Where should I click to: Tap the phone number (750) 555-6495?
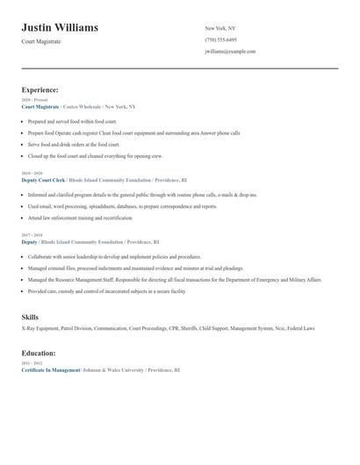[220, 40]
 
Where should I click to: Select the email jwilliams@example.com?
[230, 52]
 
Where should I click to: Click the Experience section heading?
[40, 89]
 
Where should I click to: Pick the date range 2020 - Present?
[34, 100]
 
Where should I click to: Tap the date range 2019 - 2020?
[31, 174]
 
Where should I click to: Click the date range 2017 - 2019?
[31, 235]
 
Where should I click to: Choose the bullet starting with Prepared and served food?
[72, 121]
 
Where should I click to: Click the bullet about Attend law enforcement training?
[81, 217]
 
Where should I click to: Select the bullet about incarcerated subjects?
[107, 290]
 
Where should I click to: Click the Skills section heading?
[30, 316]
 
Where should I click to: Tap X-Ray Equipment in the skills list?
[40, 328]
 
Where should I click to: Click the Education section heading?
[39, 353]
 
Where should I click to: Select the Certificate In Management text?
[50, 370]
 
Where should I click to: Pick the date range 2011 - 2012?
[31, 364]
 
